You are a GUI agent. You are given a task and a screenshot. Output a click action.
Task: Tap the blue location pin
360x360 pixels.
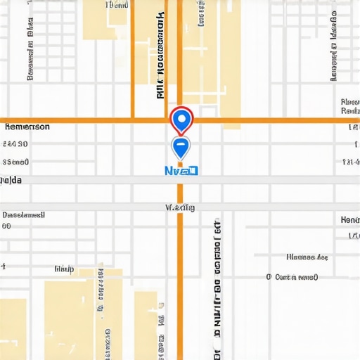[x=181, y=146]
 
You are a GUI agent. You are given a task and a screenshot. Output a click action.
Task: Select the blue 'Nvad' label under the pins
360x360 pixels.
[x=181, y=170]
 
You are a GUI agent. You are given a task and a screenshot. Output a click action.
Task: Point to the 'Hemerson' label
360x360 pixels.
[x=27, y=127]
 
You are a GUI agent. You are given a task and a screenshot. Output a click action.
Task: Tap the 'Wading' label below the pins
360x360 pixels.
[x=180, y=207]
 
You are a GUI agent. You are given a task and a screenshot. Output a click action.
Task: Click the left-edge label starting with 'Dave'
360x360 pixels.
[x=24, y=214]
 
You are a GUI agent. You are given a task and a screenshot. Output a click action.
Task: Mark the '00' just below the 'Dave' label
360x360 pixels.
[x=6, y=226]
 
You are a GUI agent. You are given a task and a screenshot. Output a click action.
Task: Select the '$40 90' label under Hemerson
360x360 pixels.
[x=15, y=144]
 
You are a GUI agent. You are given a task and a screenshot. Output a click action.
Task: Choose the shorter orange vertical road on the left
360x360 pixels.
[x=132, y=60]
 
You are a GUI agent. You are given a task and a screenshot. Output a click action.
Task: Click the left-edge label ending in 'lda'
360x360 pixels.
[x=11, y=181]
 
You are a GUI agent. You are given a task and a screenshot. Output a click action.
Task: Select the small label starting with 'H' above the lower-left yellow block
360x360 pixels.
[x=64, y=269]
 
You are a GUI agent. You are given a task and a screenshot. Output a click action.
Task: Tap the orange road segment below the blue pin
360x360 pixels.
[x=180, y=274]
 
